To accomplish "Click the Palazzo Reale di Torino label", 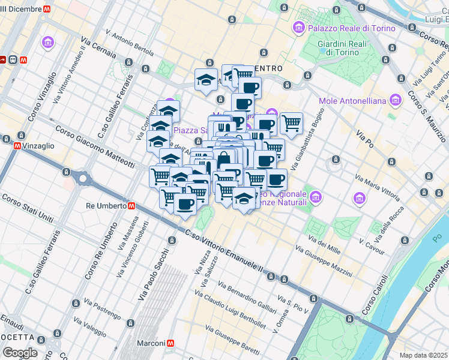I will (x=352, y=28).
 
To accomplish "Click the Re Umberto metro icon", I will (x=131, y=205).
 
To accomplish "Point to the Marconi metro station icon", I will (x=171, y=343).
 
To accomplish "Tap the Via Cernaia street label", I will (x=100, y=49).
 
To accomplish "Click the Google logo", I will (x=20, y=352).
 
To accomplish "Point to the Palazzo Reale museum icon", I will (x=298, y=28).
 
